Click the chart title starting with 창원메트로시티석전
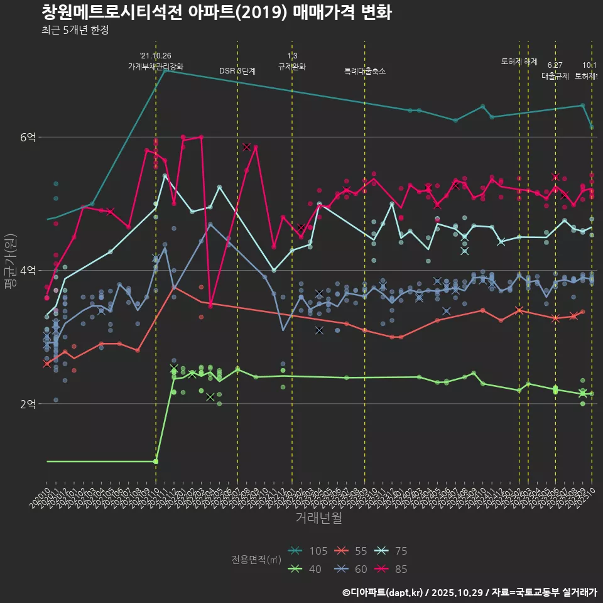pos(217,12)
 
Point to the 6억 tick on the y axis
pos(28,137)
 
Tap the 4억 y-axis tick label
pos(28,270)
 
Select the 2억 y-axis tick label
pos(28,403)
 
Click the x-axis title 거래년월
pos(318,518)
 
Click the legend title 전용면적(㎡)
pos(256,560)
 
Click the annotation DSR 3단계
pos(237,71)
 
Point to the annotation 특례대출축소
pos(365,71)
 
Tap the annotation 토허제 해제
pos(519,62)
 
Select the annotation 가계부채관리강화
pos(156,66)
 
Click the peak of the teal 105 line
pos(165,70)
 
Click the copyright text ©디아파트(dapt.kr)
pos(383,592)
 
